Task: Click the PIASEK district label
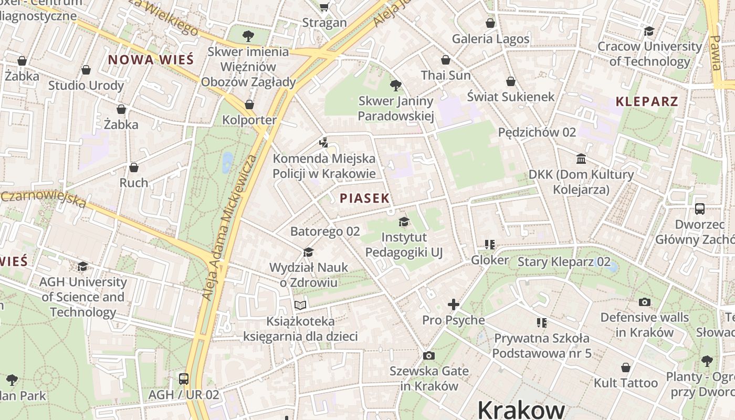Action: (365, 198)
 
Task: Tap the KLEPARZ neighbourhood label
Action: (647, 101)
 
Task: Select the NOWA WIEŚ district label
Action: (151, 59)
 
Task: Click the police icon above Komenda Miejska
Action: (324, 142)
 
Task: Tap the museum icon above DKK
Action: (581, 159)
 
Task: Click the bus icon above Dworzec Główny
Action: (699, 208)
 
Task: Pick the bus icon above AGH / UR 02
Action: (184, 379)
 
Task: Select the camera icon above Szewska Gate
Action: (429, 355)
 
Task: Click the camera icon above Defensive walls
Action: (645, 302)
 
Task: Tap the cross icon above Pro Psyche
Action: (454, 304)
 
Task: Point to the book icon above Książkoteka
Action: (300, 305)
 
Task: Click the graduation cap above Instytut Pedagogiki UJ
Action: (404, 222)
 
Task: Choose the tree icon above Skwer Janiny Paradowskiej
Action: (396, 85)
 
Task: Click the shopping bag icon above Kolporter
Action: (249, 104)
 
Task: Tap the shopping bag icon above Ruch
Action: (134, 167)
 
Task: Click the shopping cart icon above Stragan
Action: (324, 7)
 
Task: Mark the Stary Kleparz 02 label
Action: (564, 261)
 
